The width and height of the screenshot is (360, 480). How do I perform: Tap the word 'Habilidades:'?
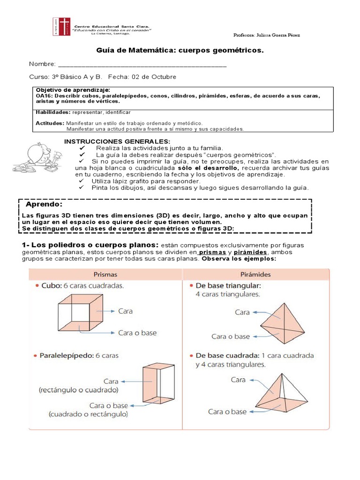(x=53, y=112)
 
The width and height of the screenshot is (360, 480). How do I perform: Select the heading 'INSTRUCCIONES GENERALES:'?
(x=117, y=142)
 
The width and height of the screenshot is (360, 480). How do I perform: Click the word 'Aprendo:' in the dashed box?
(x=43, y=205)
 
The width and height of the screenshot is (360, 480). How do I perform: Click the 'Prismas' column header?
(x=105, y=275)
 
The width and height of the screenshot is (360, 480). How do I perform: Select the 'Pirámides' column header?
(x=256, y=275)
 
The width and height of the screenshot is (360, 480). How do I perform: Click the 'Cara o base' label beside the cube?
(x=137, y=333)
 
